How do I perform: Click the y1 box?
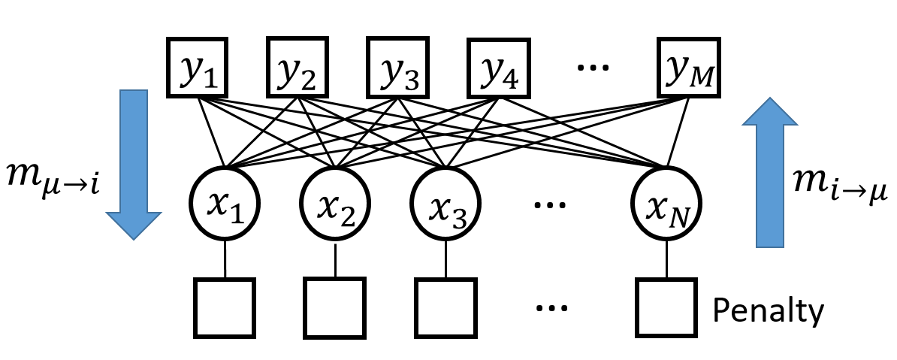tap(198, 68)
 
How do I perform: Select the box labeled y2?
tap(297, 68)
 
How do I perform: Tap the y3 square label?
tap(398, 68)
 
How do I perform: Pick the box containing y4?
tap(499, 68)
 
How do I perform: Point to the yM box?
tap(689, 68)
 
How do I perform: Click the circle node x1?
tap(225, 203)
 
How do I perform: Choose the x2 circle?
tap(335, 203)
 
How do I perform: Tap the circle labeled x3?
tap(446, 203)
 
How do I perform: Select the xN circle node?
tap(666, 202)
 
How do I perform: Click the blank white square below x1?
tap(225, 308)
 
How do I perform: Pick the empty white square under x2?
tap(334, 308)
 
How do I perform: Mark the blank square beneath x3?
tap(445, 308)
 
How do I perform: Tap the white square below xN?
tap(666, 307)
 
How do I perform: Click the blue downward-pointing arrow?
tap(134, 162)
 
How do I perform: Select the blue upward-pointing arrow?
tap(770, 173)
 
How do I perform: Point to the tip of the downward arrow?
tap(134, 239)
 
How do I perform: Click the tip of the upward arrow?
tap(770, 98)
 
